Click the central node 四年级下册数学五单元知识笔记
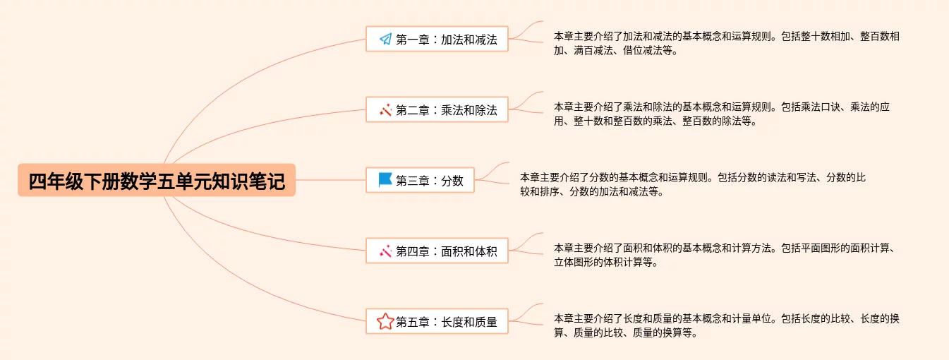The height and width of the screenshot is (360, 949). [x=157, y=181]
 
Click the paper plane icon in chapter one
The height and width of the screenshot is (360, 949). [x=385, y=40]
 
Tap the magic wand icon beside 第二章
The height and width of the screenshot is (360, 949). [x=385, y=110]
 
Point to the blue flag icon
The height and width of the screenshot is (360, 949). [x=385, y=180]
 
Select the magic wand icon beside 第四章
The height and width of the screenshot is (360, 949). [x=385, y=251]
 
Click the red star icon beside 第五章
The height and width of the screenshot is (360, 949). [x=385, y=322]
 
